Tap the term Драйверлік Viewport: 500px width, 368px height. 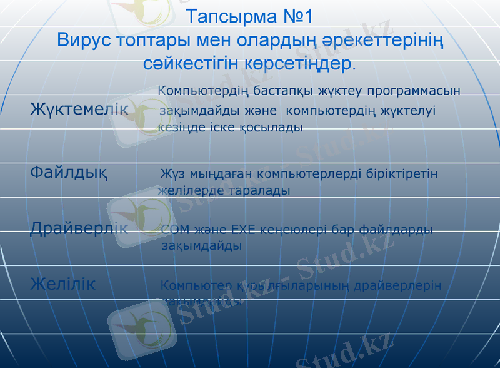[x=79, y=228]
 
